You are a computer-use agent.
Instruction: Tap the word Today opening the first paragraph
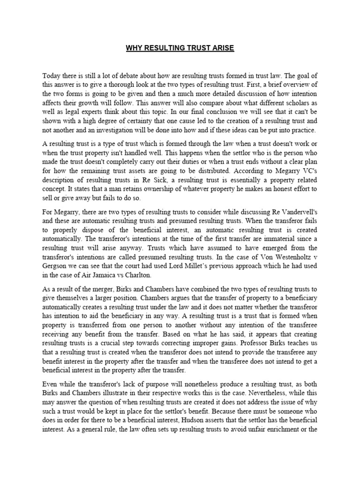coord(52,75)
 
